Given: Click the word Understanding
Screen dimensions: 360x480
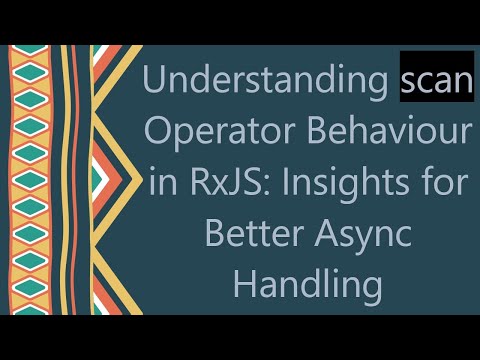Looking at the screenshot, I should click(x=265, y=83).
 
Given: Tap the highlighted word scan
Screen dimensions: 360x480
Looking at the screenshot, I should click(x=435, y=82).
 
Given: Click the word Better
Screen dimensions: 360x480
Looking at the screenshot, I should click(x=249, y=232).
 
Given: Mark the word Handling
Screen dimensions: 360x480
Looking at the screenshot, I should click(x=307, y=282).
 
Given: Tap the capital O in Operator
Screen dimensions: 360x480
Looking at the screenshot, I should click(x=162, y=132).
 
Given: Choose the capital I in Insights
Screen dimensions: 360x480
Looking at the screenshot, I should click(x=286, y=181).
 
